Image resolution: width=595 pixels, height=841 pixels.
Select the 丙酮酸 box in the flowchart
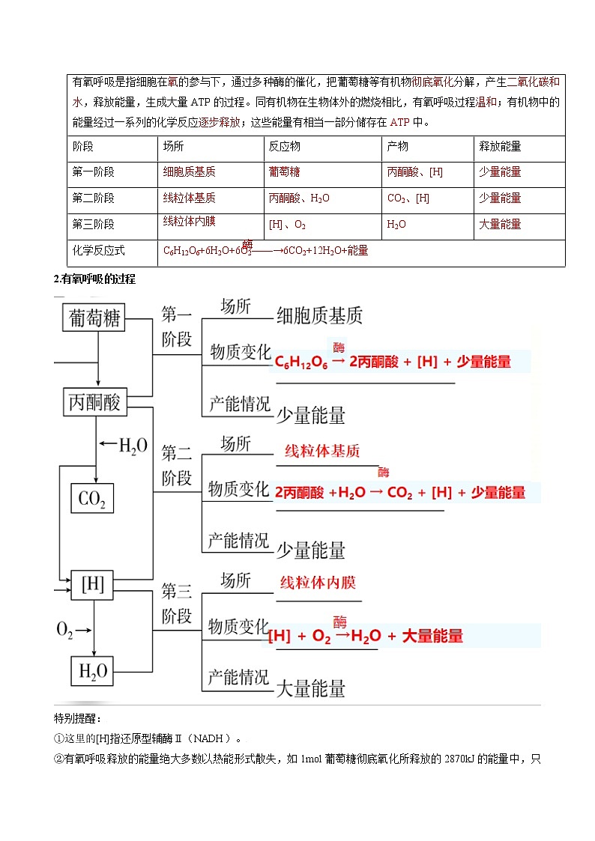[x=94, y=402]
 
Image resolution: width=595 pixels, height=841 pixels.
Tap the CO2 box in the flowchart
[x=91, y=498]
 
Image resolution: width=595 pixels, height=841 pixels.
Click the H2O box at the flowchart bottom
[x=93, y=671]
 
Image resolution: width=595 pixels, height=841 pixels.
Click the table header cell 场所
[x=173, y=147]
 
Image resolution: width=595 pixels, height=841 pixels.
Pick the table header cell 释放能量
[x=500, y=147]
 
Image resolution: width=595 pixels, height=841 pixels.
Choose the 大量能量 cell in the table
[x=500, y=224]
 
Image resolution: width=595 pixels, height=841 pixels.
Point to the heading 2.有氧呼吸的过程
[x=94, y=279]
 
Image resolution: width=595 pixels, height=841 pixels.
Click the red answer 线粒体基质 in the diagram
[x=322, y=452]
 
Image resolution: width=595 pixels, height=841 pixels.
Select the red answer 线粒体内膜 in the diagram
[x=318, y=583]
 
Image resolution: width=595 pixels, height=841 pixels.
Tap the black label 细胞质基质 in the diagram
[x=319, y=315]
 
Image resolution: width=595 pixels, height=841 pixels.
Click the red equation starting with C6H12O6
[x=393, y=362]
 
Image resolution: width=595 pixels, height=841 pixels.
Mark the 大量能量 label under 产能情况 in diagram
[x=311, y=688]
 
